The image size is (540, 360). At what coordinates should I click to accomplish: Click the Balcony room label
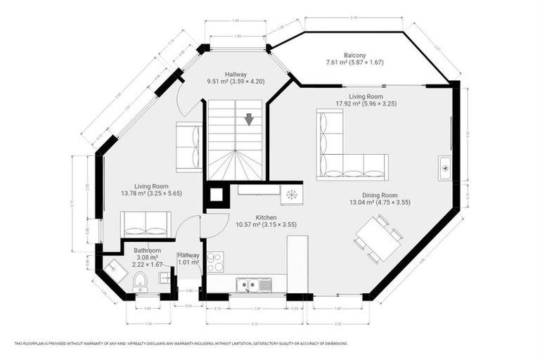(354, 55)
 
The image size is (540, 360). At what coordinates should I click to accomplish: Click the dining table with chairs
(378, 238)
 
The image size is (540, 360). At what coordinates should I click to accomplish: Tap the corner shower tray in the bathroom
(113, 268)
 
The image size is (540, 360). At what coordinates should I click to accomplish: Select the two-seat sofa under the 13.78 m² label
(146, 223)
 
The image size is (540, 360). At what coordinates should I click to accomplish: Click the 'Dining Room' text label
(380, 195)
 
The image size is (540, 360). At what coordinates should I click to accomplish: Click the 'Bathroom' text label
(148, 250)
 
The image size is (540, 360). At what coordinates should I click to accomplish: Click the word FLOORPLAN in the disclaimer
(33, 343)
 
